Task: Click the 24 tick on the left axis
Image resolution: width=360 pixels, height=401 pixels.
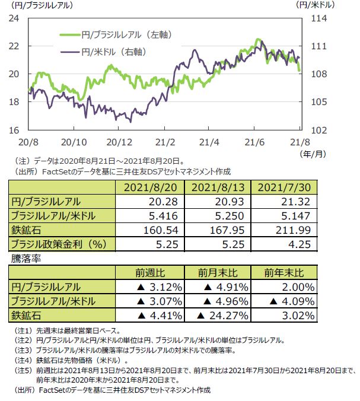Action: (x=15, y=18)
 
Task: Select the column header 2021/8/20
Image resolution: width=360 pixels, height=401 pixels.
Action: (x=151, y=188)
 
